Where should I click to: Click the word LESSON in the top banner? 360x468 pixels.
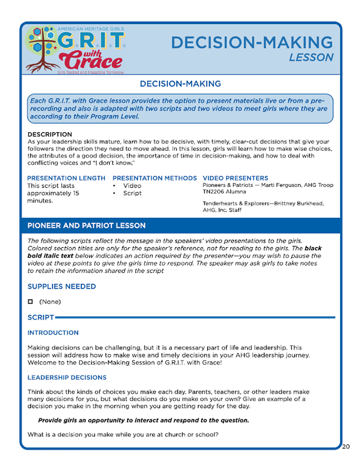tap(311, 57)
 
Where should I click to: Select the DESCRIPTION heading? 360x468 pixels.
tap(50, 135)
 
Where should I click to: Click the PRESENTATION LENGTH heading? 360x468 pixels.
tap(66, 178)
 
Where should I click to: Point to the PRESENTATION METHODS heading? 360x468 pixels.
tap(154, 178)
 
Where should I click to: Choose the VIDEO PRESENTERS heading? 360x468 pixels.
tap(235, 178)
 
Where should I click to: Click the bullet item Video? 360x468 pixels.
tap(132, 186)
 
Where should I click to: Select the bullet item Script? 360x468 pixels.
tap(132, 193)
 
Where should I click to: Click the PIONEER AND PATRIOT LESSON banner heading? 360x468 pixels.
tap(86, 226)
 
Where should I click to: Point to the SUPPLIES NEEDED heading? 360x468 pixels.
tap(62, 287)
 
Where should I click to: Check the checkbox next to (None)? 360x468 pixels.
tap(30, 301)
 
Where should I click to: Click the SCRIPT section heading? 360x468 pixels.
tap(41, 317)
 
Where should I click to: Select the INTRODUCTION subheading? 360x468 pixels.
tap(53, 333)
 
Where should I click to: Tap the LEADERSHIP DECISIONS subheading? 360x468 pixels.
tap(67, 378)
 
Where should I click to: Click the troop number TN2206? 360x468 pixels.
tap(214, 192)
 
